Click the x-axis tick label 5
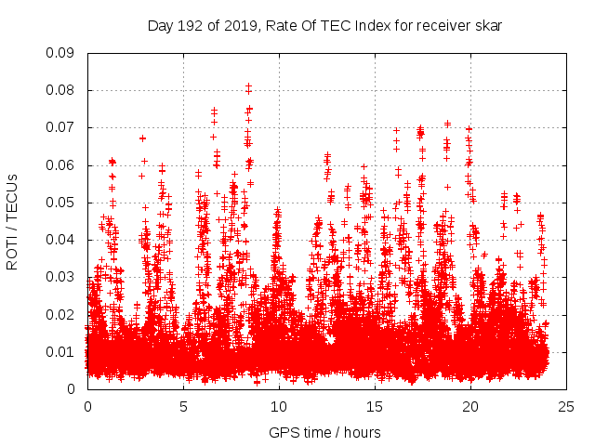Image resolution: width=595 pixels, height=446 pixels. pyautogui.click(x=183, y=406)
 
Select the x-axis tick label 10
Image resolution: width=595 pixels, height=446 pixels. pyautogui.click(x=279, y=406)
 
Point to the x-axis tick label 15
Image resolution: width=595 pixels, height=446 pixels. pyautogui.click(x=375, y=406)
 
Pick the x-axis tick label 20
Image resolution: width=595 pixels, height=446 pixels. pyautogui.click(x=470, y=406)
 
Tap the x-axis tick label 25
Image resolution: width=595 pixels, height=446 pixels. pyautogui.click(x=566, y=406)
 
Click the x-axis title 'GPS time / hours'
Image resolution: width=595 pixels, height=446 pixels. pyautogui.click(x=324, y=432)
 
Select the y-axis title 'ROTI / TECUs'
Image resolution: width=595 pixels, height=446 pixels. pyautogui.click(x=12, y=221)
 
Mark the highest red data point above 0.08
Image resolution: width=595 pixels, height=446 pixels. pyautogui.click(x=248, y=86)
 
